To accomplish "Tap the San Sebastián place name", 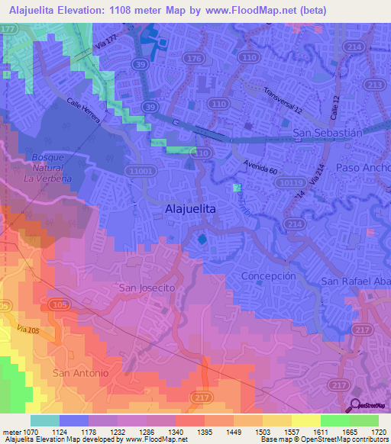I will (328, 133).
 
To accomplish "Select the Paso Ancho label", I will (358, 168).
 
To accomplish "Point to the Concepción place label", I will (267, 275).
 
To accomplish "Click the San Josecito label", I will (147, 288).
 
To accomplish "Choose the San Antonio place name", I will (80, 372).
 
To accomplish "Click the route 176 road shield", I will (194, 58).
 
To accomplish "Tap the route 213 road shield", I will (375, 84).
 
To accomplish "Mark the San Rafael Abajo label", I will (356, 281).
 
